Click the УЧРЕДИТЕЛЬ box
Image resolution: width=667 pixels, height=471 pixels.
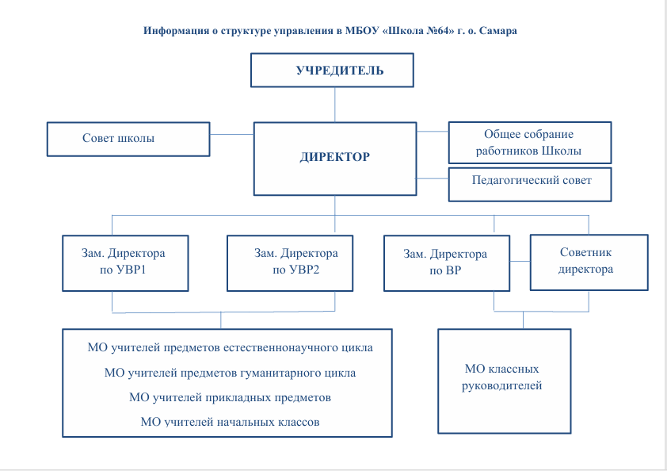click(333, 71)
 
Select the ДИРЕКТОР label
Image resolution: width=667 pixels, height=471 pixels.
click(334, 157)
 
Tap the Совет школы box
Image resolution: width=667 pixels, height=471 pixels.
click(128, 139)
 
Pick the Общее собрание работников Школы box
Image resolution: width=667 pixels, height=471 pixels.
click(528, 143)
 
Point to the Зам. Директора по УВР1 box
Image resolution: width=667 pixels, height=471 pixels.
click(126, 262)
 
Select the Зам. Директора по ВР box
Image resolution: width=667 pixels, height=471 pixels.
click(445, 262)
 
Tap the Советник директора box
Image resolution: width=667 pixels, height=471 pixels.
click(588, 261)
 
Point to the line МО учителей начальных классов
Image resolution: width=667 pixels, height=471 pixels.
click(230, 422)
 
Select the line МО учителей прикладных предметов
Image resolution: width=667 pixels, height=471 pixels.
click(230, 397)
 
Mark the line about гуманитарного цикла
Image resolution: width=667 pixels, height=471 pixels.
click(230, 373)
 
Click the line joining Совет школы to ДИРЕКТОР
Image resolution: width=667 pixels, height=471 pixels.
click(231, 136)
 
